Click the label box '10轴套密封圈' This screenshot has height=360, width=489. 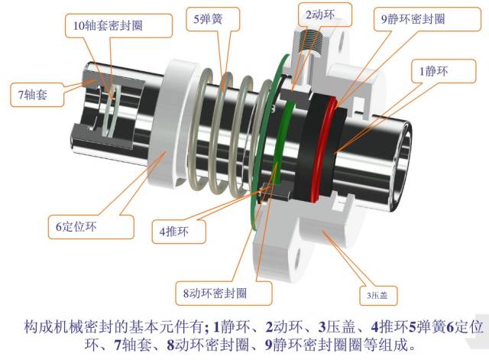[108, 25]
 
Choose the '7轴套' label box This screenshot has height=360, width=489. [32, 96]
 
